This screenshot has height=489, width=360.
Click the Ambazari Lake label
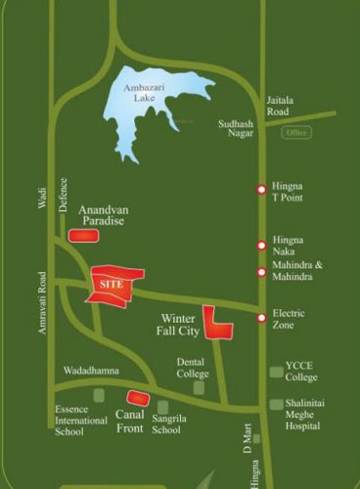pyautogui.click(x=146, y=92)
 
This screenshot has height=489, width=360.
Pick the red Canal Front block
pyautogui.click(x=138, y=398)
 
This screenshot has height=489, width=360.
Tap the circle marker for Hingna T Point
pyautogui.click(x=261, y=190)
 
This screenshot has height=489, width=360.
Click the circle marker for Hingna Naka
pyautogui.click(x=261, y=244)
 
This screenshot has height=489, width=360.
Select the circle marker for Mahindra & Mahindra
pyautogui.click(x=261, y=272)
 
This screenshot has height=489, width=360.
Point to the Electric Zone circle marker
pyautogui.click(x=261, y=318)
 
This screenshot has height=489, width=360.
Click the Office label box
pyautogui.click(x=296, y=132)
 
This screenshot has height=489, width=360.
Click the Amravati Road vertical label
pyautogui.click(x=42, y=304)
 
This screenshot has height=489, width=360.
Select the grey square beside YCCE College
pyautogui.click(x=276, y=372)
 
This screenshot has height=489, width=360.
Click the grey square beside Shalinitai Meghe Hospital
pyautogui.click(x=276, y=404)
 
